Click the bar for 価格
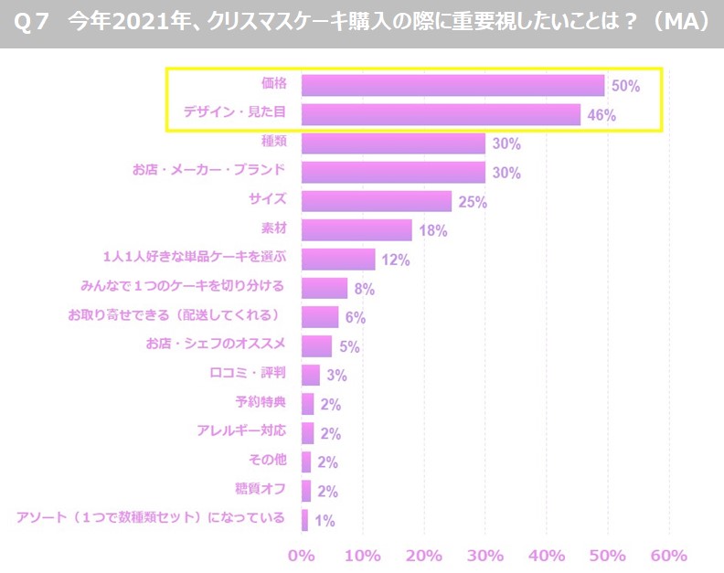[452, 85]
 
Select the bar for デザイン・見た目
[441, 114]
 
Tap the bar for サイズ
[377, 201]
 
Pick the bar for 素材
[357, 230]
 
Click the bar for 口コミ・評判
[311, 375]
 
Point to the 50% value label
[626, 86]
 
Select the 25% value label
[472, 202]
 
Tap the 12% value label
[396, 260]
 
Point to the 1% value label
[324, 521]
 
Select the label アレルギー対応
[241, 431]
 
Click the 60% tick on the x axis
[669, 555]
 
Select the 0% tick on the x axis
[301, 555]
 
